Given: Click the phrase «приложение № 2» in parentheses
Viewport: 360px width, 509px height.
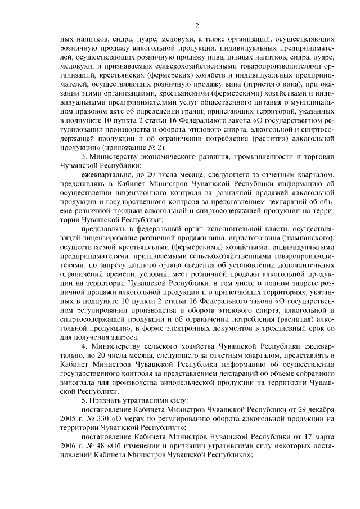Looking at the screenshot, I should [x=129, y=147].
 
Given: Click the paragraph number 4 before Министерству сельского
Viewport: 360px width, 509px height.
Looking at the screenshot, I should [x=84, y=346].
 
